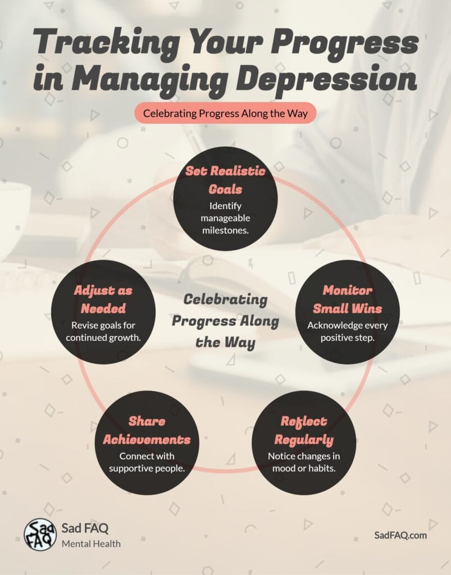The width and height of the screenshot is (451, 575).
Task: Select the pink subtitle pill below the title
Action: coord(225,113)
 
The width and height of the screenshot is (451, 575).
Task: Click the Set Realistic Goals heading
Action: coord(225,180)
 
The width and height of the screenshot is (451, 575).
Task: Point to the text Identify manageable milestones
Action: coord(225,217)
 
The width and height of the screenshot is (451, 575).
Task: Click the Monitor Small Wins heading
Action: coord(347,299)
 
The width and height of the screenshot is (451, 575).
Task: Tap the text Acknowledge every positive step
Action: coord(347,331)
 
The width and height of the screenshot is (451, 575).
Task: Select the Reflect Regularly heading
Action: coord(303,430)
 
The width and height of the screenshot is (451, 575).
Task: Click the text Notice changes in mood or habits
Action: coord(303,462)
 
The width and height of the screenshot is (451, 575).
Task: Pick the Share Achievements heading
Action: coord(147,430)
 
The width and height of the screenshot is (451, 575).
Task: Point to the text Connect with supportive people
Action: coord(147,462)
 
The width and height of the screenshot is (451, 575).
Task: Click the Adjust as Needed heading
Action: coord(103,299)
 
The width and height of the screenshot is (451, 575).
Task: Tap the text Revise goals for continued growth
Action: coord(103,331)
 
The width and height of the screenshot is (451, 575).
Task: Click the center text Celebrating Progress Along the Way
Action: coord(225,321)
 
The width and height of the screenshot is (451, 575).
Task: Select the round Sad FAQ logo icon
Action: coord(40,534)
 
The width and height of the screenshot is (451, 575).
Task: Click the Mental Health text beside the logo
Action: coord(91,544)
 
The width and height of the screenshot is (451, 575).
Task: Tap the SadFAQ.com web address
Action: coord(400,535)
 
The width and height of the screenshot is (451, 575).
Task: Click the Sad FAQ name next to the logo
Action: coord(85,528)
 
